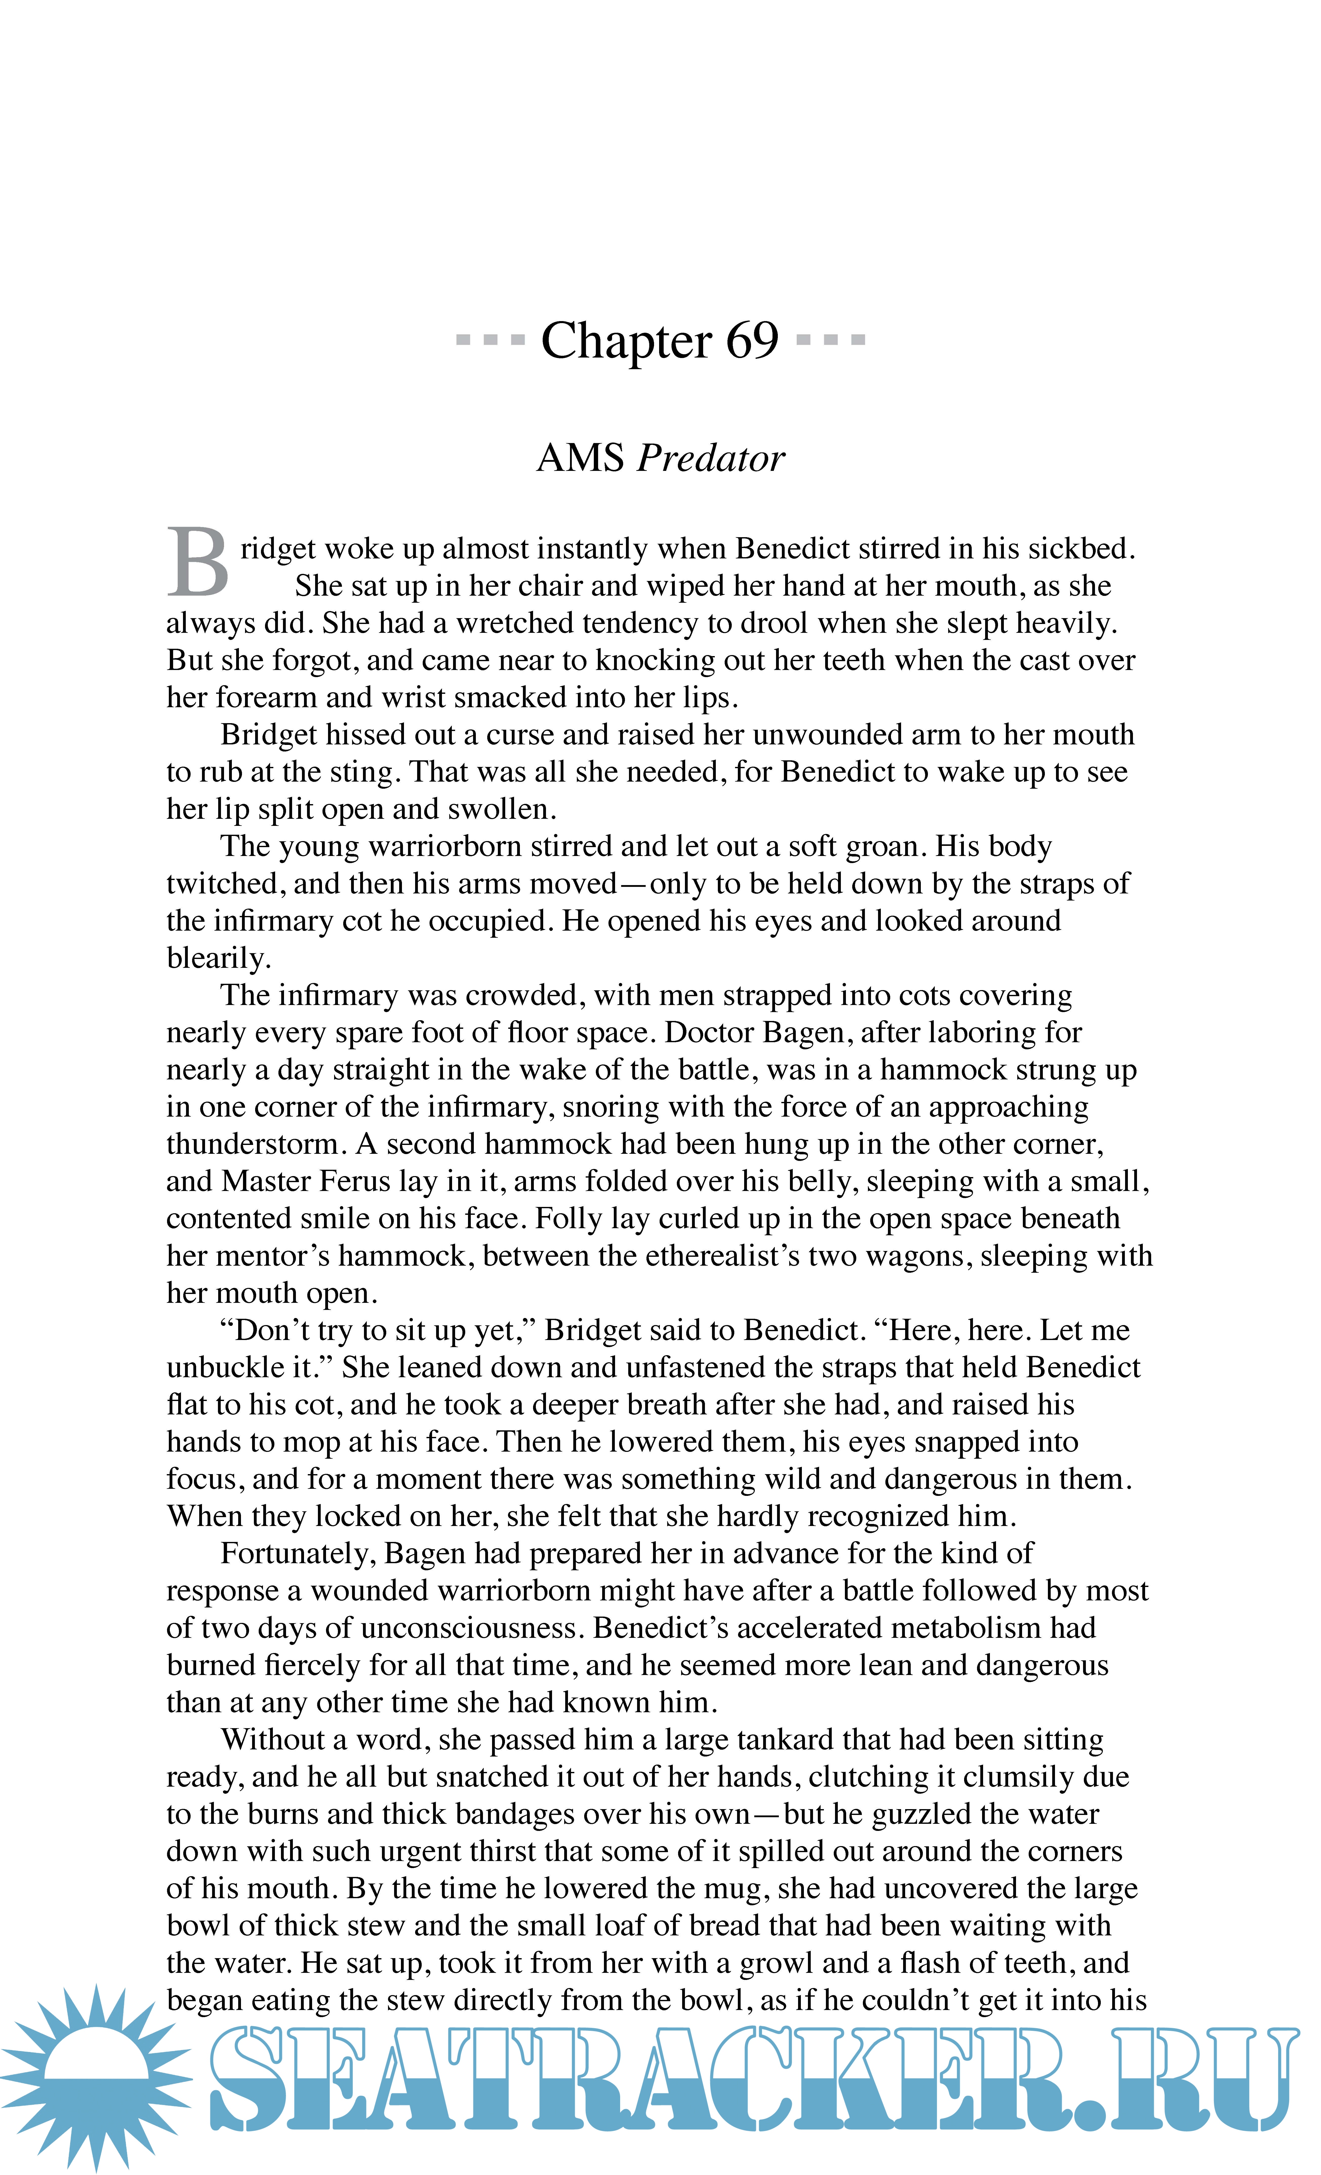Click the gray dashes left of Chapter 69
(x=490, y=339)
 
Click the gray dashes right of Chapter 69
(x=830, y=339)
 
